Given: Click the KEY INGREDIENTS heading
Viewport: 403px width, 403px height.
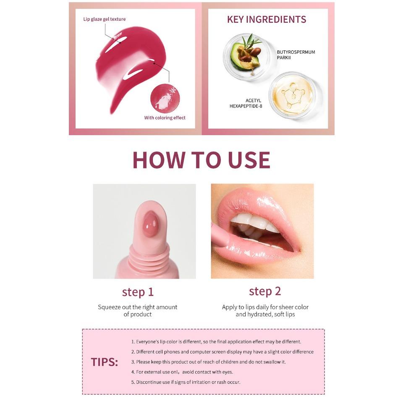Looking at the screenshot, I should click(x=266, y=19).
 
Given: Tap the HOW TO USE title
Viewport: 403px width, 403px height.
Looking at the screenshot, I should click(x=201, y=160).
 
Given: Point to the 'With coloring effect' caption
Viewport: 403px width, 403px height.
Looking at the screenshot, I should click(x=165, y=118).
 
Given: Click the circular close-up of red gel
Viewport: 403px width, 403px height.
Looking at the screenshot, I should click(x=165, y=97).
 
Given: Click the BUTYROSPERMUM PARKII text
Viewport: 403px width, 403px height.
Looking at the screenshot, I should click(x=296, y=55).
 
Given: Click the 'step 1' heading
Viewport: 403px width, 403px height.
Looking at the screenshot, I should click(x=138, y=292).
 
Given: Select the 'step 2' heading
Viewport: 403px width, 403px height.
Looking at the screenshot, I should click(x=264, y=291).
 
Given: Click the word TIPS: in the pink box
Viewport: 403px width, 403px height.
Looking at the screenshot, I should click(x=105, y=362).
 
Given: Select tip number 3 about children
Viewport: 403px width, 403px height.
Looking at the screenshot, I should click(x=208, y=362).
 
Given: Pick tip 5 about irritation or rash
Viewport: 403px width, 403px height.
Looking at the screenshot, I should click(x=186, y=382).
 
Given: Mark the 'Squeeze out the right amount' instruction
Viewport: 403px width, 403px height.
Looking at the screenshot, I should click(x=138, y=307).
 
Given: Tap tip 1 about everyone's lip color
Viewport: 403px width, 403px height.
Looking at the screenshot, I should click(x=216, y=342).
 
